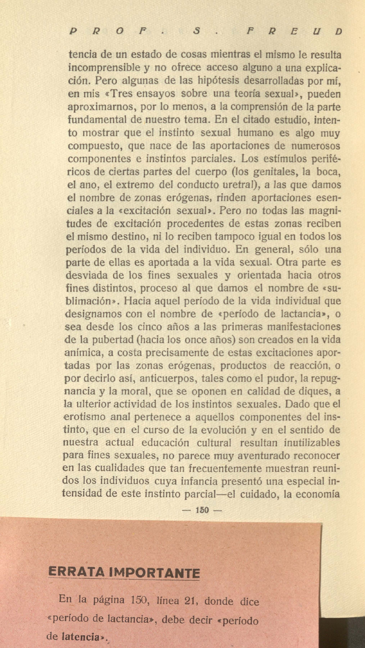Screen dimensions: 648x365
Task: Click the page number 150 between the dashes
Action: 202,510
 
